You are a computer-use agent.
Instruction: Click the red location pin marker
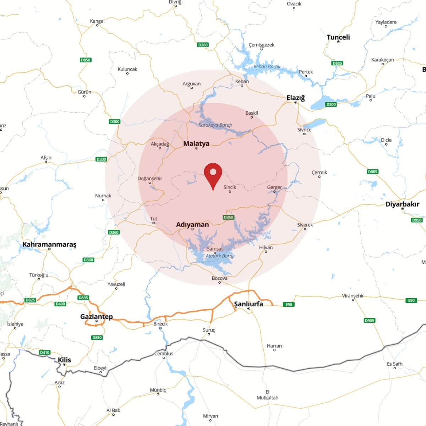point(213,174)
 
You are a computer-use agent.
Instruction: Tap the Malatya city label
point(196,144)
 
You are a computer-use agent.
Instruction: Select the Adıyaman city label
point(192,225)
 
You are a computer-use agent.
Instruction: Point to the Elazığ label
point(296,98)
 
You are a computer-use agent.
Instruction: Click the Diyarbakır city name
point(402,204)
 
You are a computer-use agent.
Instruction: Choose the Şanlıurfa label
point(248,304)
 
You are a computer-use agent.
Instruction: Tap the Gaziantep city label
point(97,316)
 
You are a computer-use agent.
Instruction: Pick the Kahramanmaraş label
point(49,244)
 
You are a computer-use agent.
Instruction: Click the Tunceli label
point(338,37)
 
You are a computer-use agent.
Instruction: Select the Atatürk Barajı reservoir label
point(220,256)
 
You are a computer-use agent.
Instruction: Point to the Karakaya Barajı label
point(215,125)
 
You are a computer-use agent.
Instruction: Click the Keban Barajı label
point(267,67)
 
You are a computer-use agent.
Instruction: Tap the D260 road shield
point(203,45)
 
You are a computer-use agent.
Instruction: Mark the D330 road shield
point(102,159)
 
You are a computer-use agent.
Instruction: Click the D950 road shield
point(417,220)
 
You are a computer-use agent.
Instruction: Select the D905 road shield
point(369,321)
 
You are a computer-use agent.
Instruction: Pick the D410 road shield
point(45,353)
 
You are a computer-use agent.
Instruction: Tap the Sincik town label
point(230,187)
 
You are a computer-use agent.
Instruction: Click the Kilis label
point(64,360)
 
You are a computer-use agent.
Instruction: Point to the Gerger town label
point(274,187)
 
